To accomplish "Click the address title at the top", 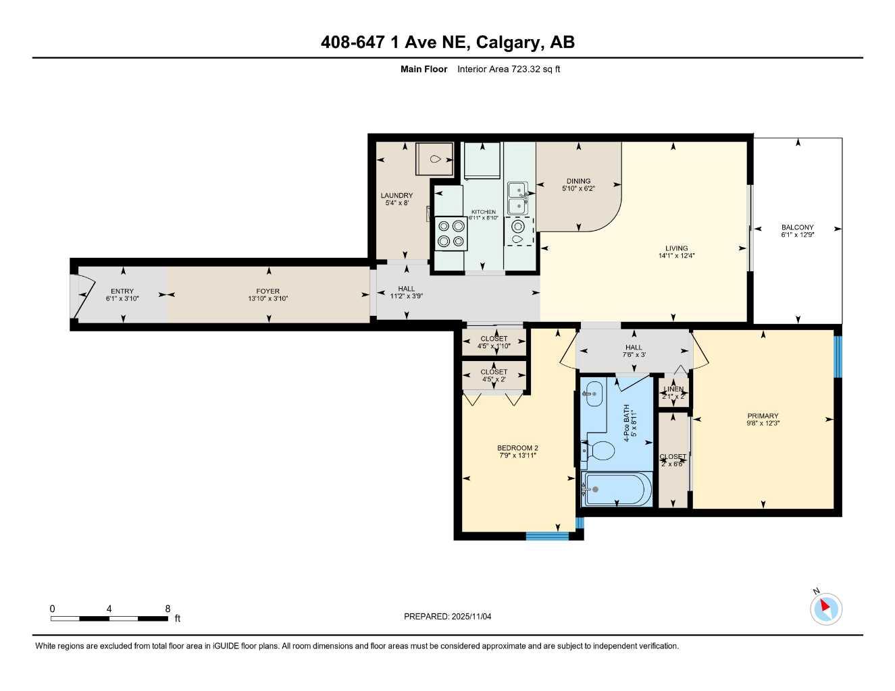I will [x=447, y=43].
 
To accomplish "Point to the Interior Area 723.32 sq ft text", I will [x=508, y=69].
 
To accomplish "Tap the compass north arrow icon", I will [x=825, y=609].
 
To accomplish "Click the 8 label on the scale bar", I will [x=168, y=609].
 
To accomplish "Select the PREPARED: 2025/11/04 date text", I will [x=447, y=616].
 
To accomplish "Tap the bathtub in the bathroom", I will [x=616, y=489].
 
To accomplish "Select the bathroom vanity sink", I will [x=593, y=393].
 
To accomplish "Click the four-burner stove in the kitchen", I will [x=451, y=233].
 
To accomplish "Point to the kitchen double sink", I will [x=518, y=197].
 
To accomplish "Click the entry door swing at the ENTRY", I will [x=82, y=295].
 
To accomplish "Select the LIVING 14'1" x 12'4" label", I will [x=676, y=252].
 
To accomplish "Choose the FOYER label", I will [x=268, y=295].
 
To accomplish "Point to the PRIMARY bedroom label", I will [x=763, y=419].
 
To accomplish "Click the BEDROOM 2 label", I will [x=517, y=451].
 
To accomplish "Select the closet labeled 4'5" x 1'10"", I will [x=494, y=342].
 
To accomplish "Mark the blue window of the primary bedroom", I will [x=838, y=356].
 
